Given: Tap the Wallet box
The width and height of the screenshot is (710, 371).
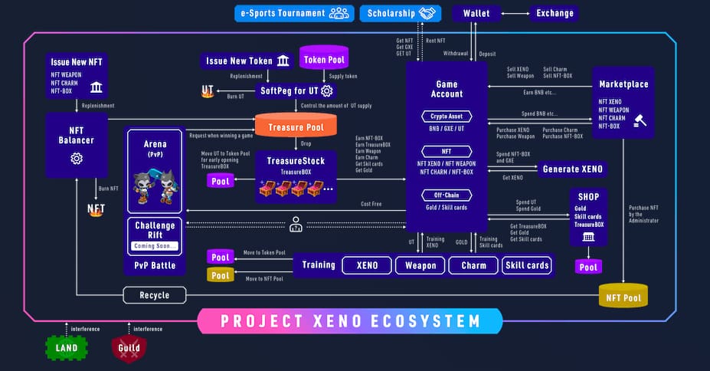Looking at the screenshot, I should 476,13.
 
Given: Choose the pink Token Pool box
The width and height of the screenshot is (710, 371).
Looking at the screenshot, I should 324,59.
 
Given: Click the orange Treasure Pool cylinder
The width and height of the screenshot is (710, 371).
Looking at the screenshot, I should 295,126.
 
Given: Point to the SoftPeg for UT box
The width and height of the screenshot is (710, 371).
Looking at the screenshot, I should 295,90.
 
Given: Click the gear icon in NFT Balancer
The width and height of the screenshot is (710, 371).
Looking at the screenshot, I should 77,159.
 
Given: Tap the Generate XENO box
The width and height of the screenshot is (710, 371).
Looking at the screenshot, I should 571,169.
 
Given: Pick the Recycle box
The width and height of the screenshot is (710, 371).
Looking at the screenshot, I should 155,294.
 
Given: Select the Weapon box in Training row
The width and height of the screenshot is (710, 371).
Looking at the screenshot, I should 420,265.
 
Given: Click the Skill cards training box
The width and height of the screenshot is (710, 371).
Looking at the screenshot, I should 527,265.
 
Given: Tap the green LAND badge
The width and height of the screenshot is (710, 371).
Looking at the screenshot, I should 67,348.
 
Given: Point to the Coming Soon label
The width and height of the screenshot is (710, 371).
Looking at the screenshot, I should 154,246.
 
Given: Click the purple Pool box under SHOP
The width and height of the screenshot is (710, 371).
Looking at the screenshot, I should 588,267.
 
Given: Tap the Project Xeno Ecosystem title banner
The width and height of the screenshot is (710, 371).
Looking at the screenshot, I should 350,320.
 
